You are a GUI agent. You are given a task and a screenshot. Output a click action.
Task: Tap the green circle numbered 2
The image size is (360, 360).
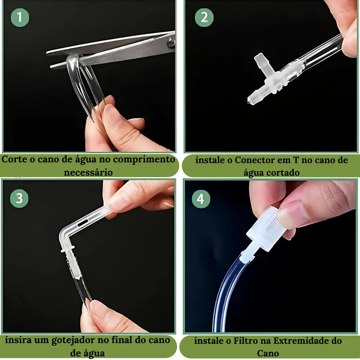click(204, 17)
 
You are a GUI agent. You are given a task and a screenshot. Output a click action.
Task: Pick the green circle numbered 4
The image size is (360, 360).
click(201, 199)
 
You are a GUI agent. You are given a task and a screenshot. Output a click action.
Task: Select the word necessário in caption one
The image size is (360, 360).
click(88, 172)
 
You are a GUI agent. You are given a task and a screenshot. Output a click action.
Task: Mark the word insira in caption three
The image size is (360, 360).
click(17, 340)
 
